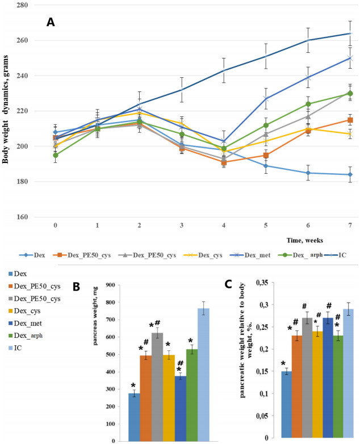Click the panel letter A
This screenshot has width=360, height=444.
[51, 22]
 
